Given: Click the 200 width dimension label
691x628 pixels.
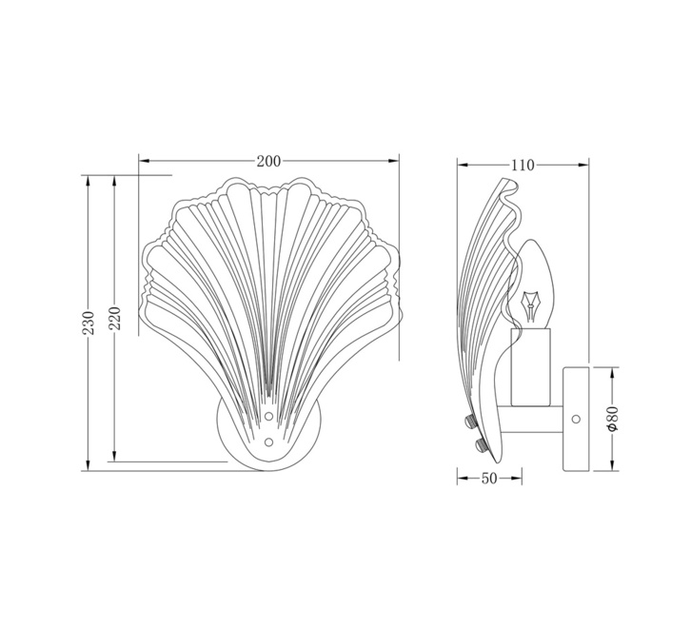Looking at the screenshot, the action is pyautogui.click(x=268, y=162).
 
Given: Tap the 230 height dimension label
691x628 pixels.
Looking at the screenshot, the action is pyautogui.click(x=89, y=323).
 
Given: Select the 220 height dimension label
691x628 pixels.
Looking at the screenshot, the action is pyautogui.click(x=114, y=318).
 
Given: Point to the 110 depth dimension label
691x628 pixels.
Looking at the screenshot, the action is pyautogui.click(x=523, y=166).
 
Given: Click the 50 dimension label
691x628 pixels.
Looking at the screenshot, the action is pyautogui.click(x=488, y=479).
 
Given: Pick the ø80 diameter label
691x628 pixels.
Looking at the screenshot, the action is pyautogui.click(x=614, y=419).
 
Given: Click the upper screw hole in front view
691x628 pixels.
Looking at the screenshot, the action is pyautogui.click(x=268, y=416).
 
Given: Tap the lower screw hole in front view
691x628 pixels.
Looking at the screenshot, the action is pyautogui.click(x=268, y=442).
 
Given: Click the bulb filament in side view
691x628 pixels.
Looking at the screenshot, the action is pyautogui.click(x=530, y=305).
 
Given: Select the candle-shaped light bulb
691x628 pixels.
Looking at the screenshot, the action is pyautogui.click(x=533, y=285).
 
